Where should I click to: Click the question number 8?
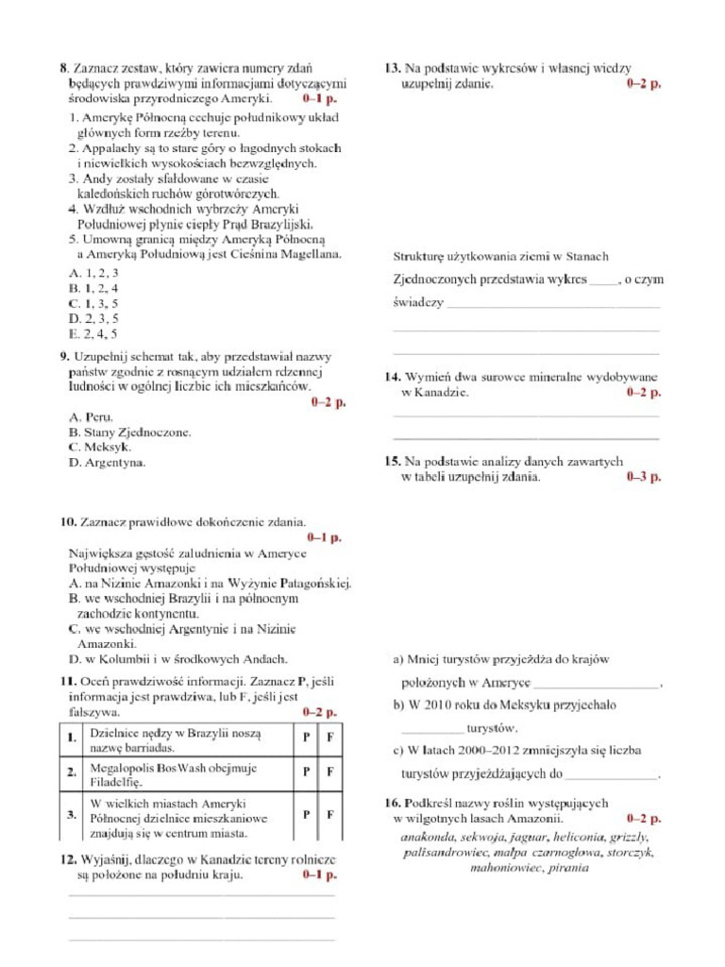pyautogui.click(x=63, y=68)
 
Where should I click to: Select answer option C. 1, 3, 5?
pyautogui.click(x=93, y=303)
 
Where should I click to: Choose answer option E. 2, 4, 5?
pyautogui.click(x=93, y=333)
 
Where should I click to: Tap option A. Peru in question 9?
pyautogui.click(x=91, y=416)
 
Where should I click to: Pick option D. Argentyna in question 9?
pyautogui.click(x=107, y=462)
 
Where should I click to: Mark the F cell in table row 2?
pyautogui.click(x=330, y=772)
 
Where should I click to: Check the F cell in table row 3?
pyautogui.click(x=330, y=814)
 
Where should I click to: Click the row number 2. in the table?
pyautogui.click(x=72, y=772)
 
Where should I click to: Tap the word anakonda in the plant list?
pyautogui.click(x=429, y=837)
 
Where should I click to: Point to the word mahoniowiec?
pyautogui.click(x=506, y=867)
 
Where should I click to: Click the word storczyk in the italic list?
pyautogui.click(x=628, y=852)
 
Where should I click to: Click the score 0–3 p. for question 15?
pyautogui.click(x=644, y=477)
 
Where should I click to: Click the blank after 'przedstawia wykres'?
pyautogui.click(x=604, y=280)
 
